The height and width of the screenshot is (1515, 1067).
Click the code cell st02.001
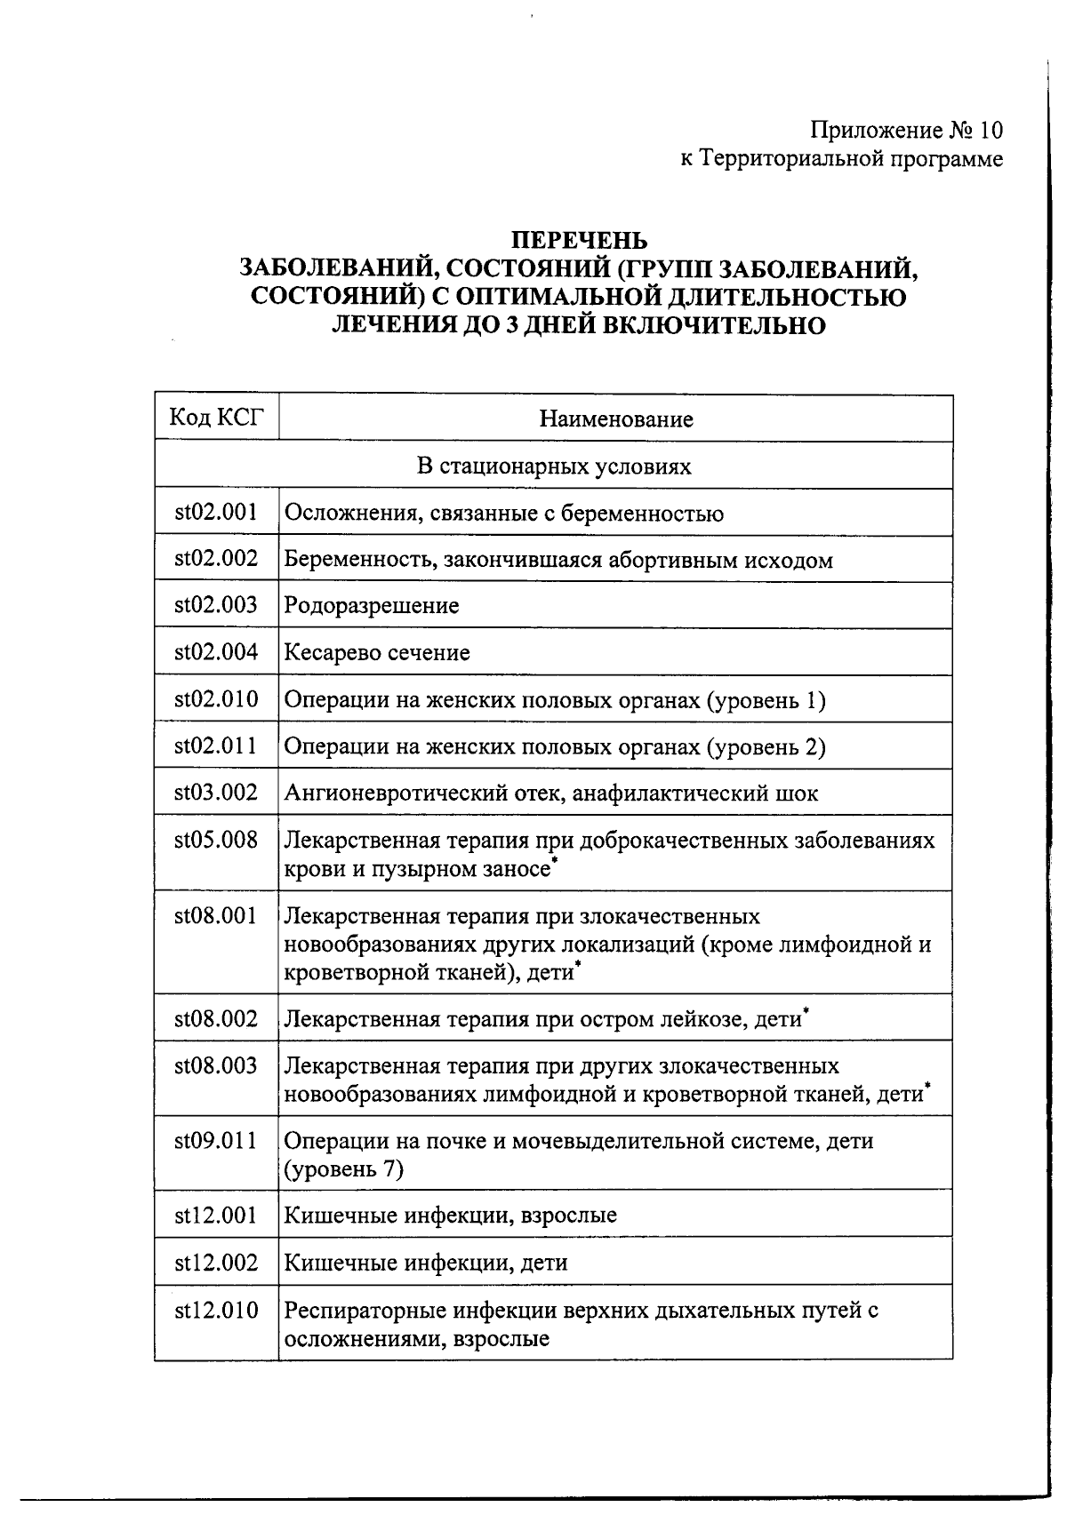click(216, 512)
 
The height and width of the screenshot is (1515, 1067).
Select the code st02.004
click(216, 652)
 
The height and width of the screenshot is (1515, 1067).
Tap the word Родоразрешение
click(372, 606)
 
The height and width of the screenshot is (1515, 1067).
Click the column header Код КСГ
click(216, 418)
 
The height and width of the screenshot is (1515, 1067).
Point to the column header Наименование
click(615, 419)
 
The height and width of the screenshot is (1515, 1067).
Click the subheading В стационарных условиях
click(553, 466)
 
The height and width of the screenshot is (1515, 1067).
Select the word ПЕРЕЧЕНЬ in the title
click(579, 241)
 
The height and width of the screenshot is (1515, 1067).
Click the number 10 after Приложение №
click(991, 132)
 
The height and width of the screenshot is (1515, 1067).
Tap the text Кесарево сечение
click(377, 653)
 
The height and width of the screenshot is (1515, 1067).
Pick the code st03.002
click(216, 793)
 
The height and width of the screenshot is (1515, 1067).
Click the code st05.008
click(216, 840)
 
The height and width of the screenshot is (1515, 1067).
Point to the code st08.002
click(216, 1019)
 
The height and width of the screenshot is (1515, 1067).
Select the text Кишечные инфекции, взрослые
click(450, 1215)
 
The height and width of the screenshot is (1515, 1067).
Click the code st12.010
click(216, 1310)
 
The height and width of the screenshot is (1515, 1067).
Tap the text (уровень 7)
click(343, 1168)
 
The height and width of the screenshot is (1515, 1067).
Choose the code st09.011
click(216, 1140)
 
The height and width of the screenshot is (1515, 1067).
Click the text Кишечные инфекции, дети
click(425, 1263)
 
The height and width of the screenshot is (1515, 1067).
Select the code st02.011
click(216, 746)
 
